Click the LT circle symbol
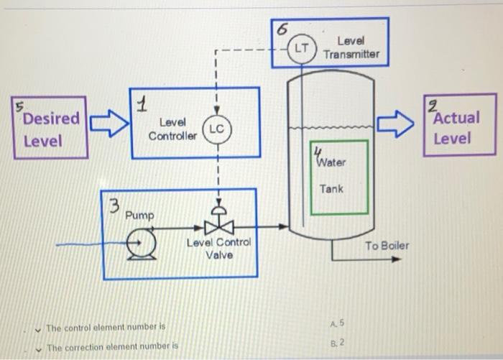301,48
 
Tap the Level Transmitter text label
351,48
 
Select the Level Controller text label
172,129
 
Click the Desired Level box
49,129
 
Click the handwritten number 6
282,29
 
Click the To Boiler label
386,246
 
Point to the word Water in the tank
331,162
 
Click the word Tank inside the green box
331,189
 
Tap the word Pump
139,216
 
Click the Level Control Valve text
218,249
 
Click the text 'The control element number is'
106,328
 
